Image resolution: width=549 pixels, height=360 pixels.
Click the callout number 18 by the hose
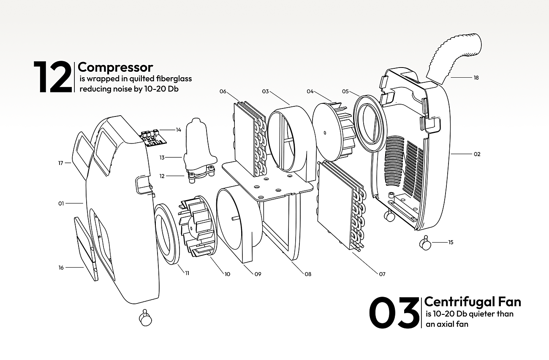point(476,78)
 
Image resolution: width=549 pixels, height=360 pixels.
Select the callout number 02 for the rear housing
point(477,154)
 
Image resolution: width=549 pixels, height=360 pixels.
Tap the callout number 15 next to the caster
point(451,243)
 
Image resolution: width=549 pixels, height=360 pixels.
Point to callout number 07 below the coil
point(382,274)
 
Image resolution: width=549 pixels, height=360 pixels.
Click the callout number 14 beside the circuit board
point(178,130)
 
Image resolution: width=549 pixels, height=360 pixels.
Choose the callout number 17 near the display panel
point(61,163)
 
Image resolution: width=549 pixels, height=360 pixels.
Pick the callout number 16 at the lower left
point(61,268)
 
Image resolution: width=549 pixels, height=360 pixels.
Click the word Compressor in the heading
point(115,67)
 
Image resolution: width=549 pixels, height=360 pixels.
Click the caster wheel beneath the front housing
point(146,319)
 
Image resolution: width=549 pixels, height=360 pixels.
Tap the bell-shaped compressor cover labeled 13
point(198,139)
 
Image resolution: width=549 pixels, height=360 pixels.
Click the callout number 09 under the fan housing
point(258,274)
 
